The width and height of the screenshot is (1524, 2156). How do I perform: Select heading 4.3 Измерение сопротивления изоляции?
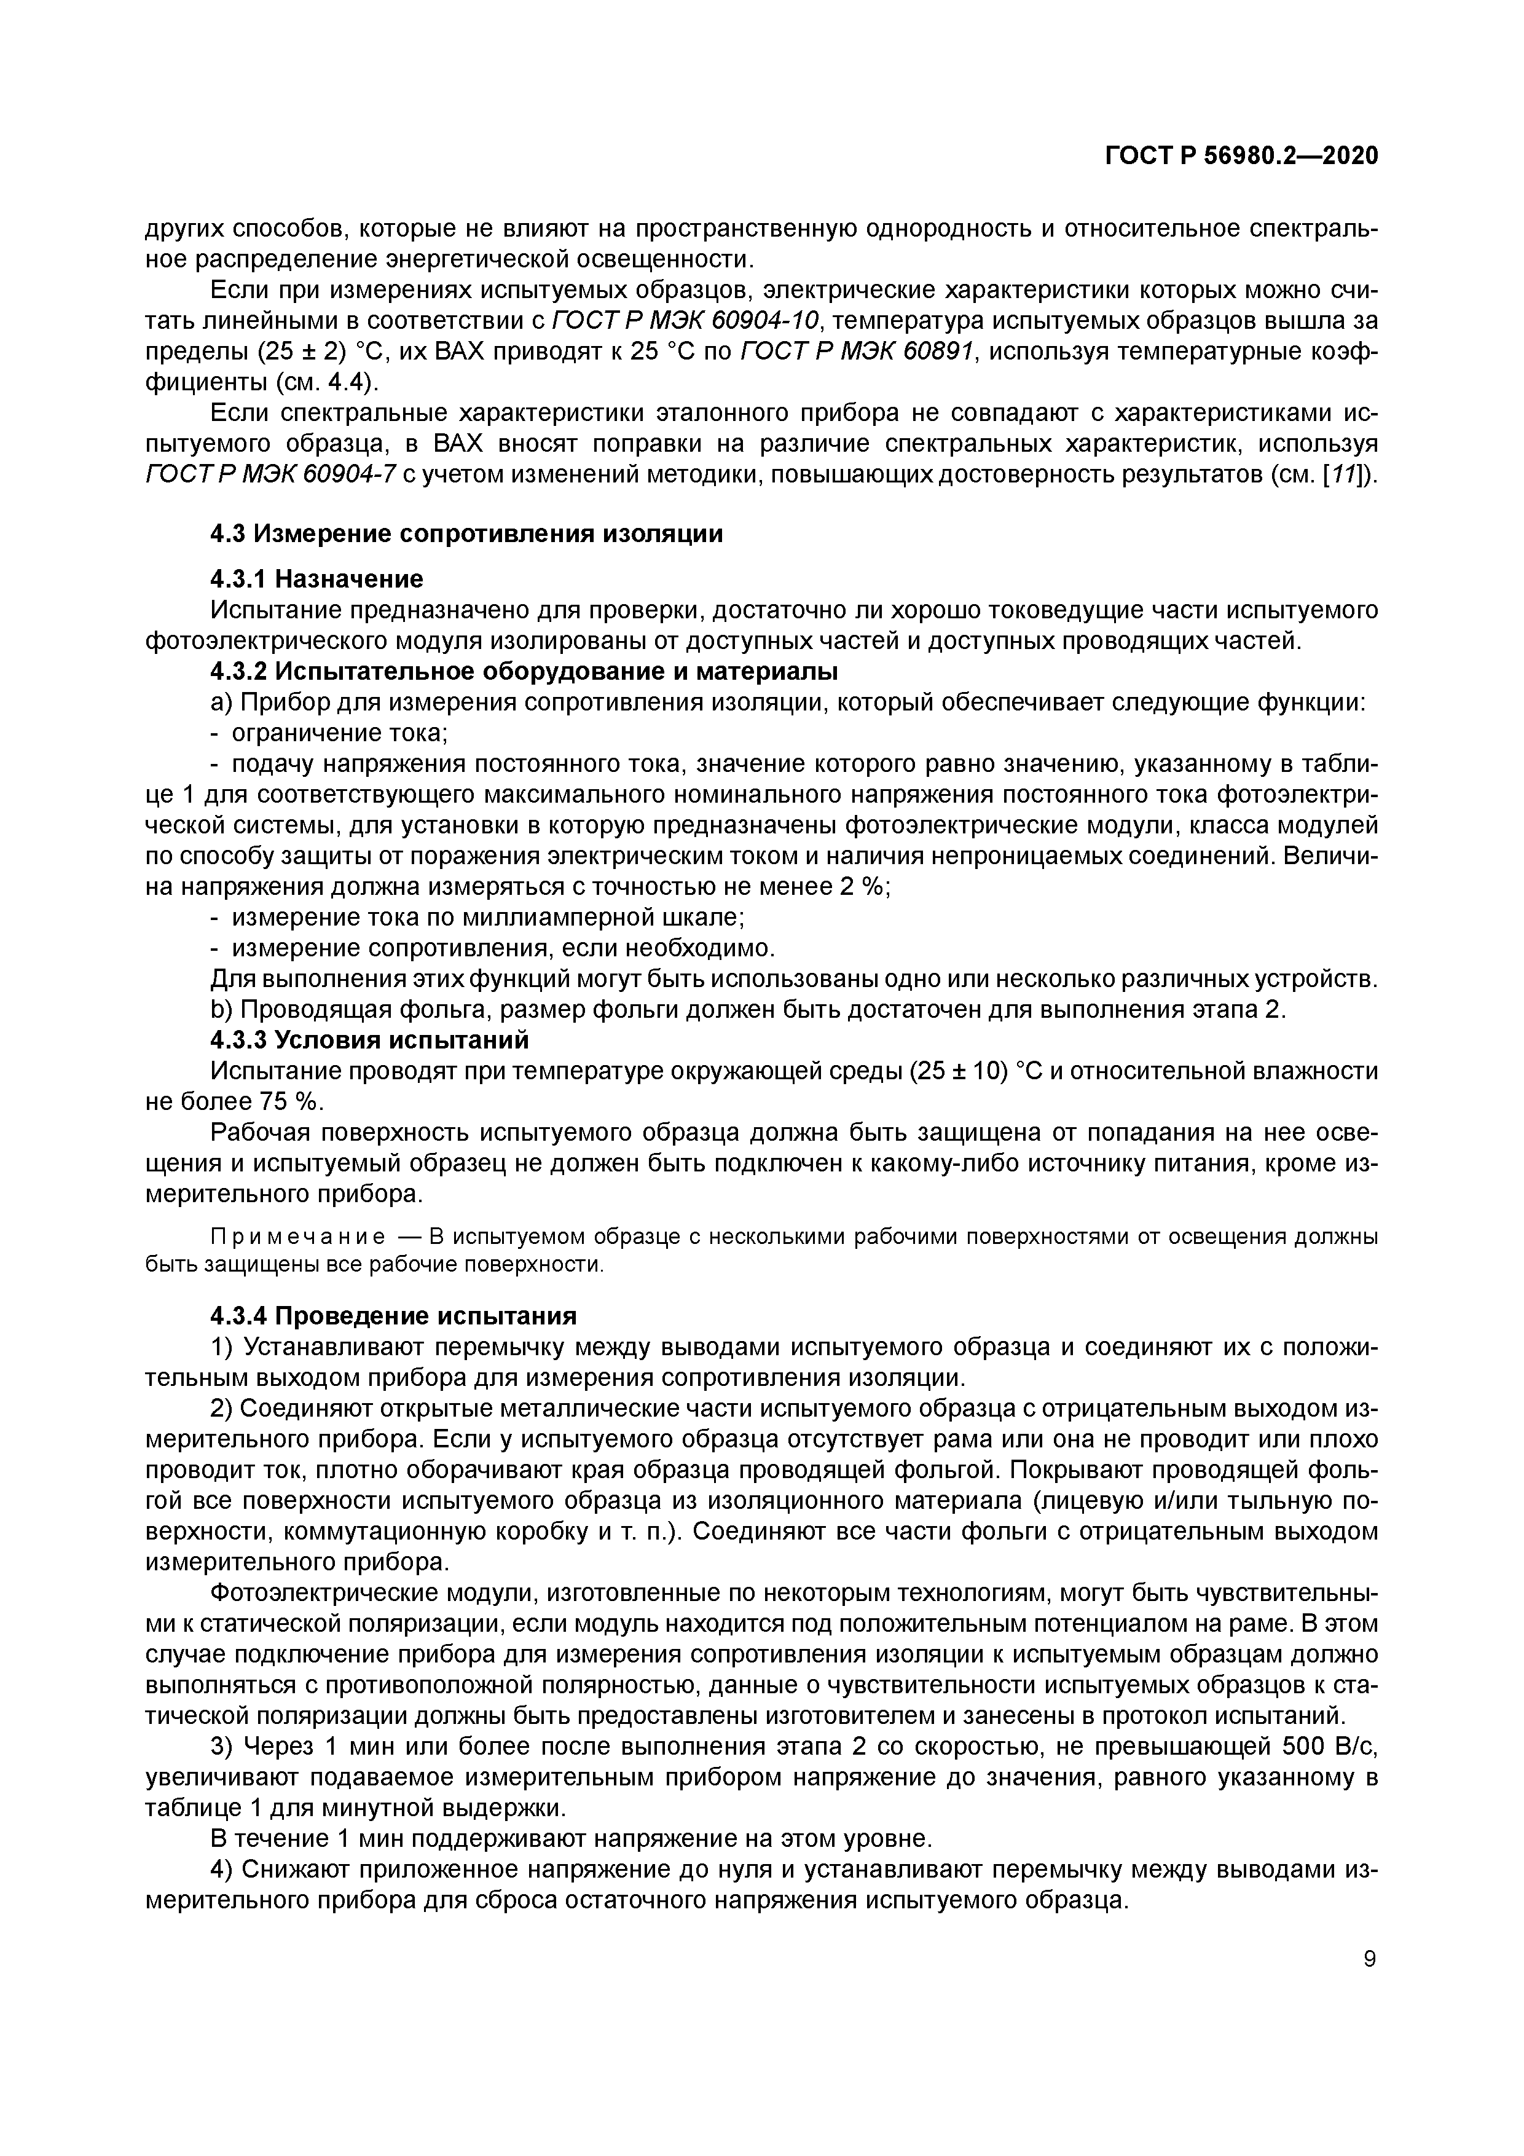click(x=466, y=534)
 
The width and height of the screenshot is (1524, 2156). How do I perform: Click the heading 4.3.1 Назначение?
click(x=316, y=578)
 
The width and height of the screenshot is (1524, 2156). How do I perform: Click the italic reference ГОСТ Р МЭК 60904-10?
click(x=686, y=321)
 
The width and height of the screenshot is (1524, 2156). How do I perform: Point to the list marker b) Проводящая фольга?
click(x=222, y=1009)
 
